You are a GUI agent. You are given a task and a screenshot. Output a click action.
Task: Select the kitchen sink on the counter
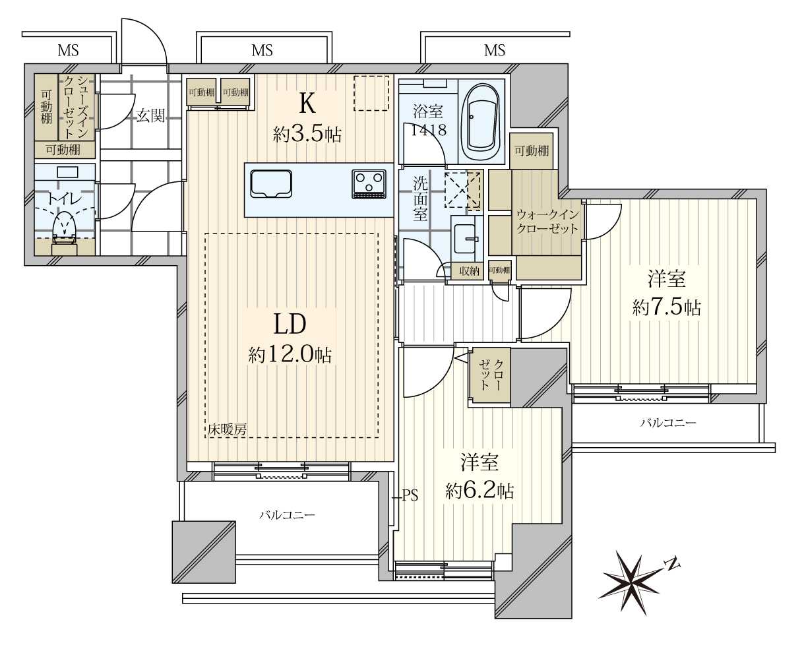(271, 184)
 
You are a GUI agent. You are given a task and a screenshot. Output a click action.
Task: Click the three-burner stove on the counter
(369, 184)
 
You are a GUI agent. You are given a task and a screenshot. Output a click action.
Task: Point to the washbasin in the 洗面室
(466, 239)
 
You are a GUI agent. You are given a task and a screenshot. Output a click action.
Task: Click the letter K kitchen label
(307, 103)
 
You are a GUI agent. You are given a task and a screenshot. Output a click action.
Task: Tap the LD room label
(290, 324)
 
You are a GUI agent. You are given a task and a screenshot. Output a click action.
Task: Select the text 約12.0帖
(290, 355)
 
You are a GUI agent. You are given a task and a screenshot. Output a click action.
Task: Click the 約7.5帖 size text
(667, 307)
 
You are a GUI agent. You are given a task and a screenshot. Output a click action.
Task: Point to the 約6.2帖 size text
(479, 491)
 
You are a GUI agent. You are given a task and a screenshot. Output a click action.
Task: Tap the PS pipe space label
(410, 495)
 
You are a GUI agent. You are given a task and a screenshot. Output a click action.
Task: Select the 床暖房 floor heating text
(227, 429)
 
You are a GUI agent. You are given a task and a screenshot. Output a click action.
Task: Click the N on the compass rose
(671, 565)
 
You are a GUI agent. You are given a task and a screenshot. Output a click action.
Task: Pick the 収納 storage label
(469, 270)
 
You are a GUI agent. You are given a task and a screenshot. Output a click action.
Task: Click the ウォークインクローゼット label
(547, 222)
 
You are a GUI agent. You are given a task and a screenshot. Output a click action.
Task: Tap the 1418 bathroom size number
(429, 130)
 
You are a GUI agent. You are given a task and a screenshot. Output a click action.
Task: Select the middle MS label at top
(263, 50)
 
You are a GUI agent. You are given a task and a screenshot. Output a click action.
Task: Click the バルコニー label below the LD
(288, 515)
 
